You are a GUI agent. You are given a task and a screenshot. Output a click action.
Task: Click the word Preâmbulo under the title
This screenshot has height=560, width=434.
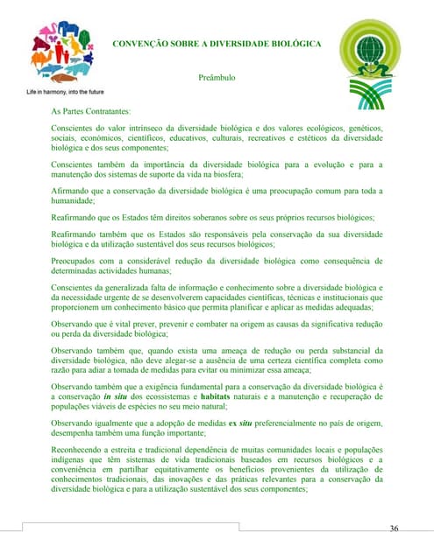pyautogui.click(x=217, y=78)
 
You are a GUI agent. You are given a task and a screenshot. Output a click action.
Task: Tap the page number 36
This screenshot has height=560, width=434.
pyautogui.click(x=394, y=528)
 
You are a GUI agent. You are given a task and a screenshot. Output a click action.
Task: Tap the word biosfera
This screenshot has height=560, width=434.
pyautogui.click(x=253, y=174)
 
